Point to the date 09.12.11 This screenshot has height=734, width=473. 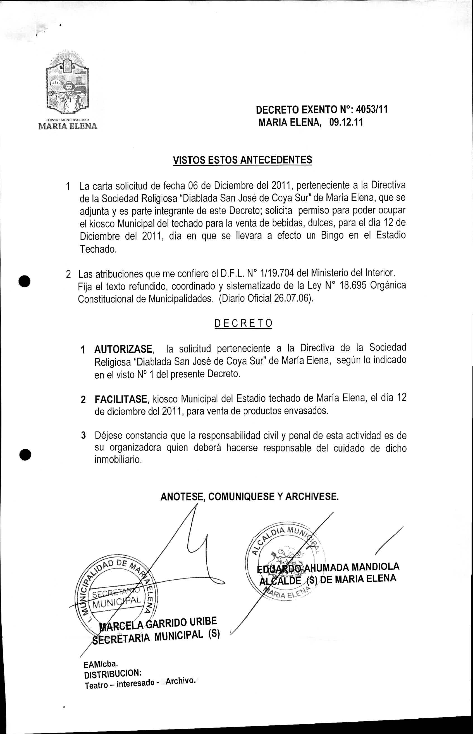pos(346,123)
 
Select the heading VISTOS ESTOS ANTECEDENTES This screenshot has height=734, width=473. pos(242,160)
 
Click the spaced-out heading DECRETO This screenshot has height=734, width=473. pos(243,323)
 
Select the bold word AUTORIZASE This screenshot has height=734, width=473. pos(123,349)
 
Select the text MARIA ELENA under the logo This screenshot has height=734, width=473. pos(68,126)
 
